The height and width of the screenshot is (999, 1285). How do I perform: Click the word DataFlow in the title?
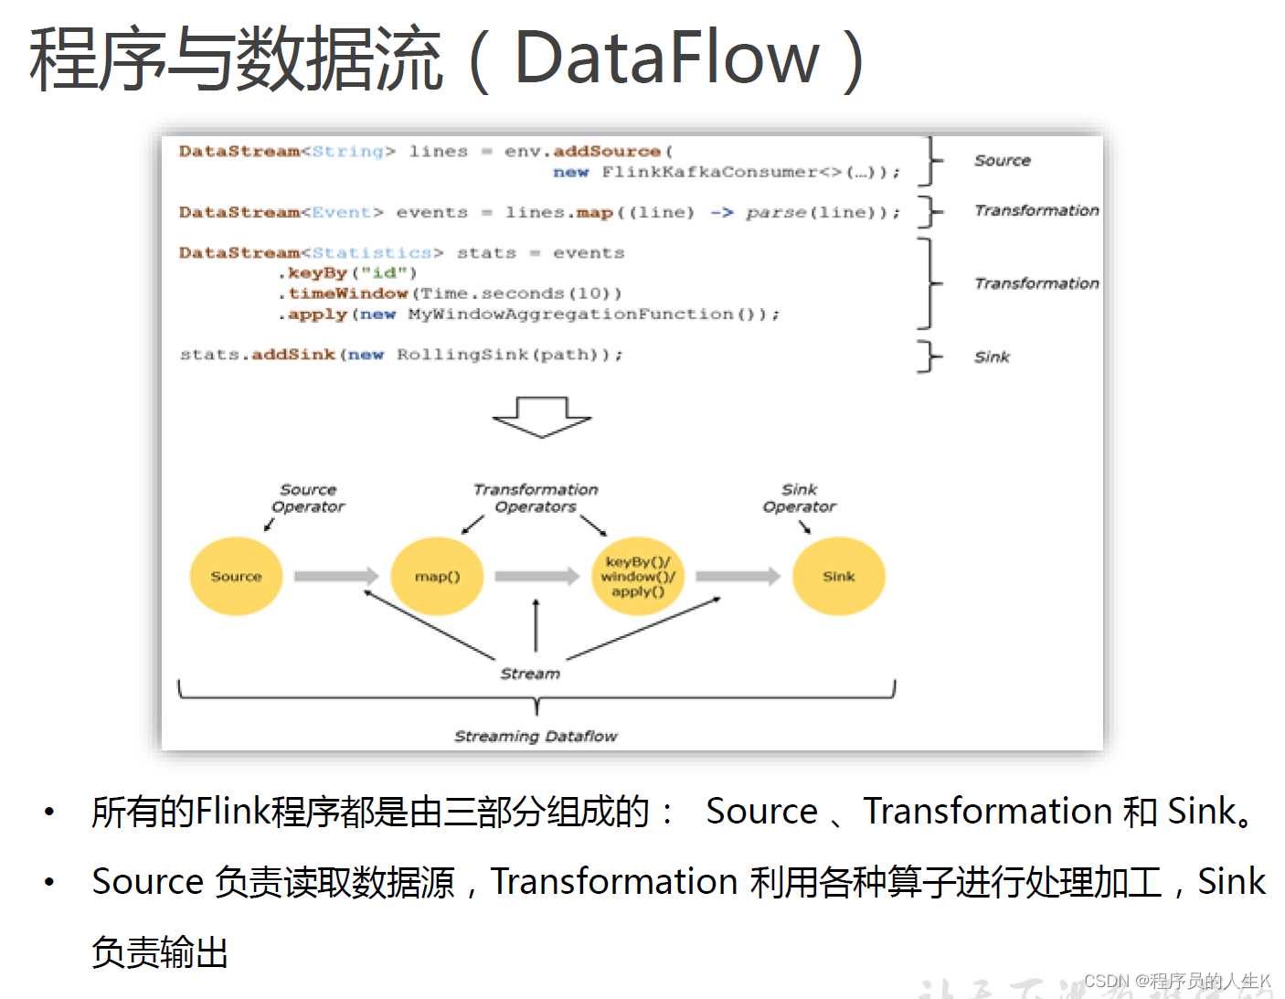(667, 58)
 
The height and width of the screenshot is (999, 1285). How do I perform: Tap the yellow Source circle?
(236, 576)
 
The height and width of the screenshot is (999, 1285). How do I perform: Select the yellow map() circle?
(437, 576)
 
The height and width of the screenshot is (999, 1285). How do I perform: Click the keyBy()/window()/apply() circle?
(638, 576)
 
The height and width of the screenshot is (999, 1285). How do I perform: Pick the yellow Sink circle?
(838, 576)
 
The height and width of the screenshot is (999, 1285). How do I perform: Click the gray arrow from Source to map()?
(335, 576)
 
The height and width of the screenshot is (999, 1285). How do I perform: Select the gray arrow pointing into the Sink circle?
(738, 576)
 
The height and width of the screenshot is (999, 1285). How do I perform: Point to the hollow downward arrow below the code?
(542, 417)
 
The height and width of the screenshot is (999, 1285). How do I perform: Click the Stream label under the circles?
(530, 674)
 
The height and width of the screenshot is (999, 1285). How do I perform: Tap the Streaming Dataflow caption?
(536, 736)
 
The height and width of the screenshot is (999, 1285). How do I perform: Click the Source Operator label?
(308, 498)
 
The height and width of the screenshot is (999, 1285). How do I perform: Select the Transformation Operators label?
(536, 498)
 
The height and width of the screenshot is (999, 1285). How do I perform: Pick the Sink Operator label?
(799, 498)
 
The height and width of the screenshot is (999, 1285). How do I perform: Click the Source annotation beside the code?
(1002, 161)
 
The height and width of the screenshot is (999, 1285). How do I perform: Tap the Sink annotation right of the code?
(992, 357)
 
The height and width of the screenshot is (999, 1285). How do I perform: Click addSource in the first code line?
(607, 152)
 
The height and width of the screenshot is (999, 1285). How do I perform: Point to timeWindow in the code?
(348, 293)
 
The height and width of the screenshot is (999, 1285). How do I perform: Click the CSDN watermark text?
(1177, 981)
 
